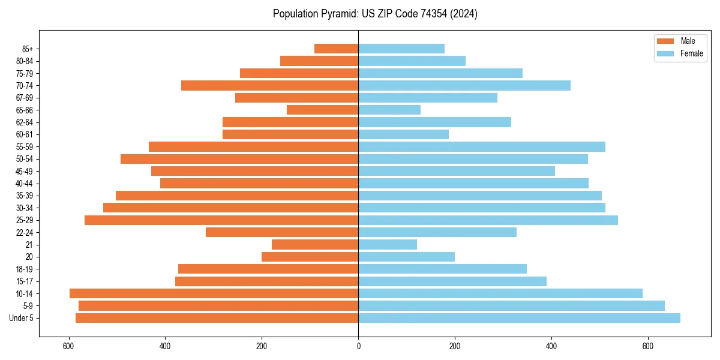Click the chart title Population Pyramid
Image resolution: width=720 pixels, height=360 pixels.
375,14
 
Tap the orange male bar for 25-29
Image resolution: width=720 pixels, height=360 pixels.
221,220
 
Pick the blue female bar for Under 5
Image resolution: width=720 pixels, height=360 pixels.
519,318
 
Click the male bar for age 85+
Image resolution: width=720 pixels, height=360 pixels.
336,49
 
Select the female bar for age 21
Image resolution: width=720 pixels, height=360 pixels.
388,245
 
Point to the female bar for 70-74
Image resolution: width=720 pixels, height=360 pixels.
464,86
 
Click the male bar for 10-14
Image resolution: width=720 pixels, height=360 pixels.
214,293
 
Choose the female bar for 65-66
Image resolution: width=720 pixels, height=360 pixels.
389,110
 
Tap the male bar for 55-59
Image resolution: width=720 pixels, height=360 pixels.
253,146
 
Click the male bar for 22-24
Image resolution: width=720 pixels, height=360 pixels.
282,232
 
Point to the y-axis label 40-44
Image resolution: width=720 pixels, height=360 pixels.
25,184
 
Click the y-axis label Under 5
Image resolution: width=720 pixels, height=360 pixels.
22,318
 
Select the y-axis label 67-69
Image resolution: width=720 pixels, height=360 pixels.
25,98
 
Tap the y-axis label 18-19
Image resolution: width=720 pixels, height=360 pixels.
25,269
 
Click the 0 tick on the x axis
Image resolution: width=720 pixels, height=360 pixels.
358,346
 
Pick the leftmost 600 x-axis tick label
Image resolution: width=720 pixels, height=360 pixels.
68,346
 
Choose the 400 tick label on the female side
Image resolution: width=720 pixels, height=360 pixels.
551,346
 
